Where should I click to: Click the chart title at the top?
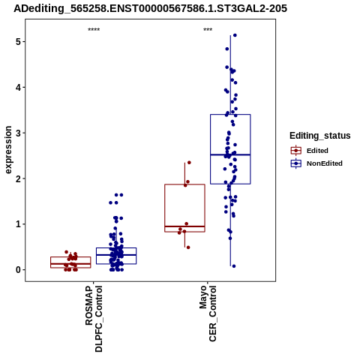click(x=150, y=9)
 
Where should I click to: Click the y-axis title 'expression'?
click(x=8, y=150)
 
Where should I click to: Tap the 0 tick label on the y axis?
click(x=18, y=270)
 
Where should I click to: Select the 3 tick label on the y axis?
click(x=18, y=133)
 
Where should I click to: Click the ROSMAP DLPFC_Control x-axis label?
click(x=94, y=319)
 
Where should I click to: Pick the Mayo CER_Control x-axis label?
click(x=208, y=313)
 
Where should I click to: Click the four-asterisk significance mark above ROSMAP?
click(x=94, y=30)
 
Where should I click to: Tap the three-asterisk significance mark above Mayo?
click(x=208, y=30)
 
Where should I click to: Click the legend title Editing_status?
click(x=320, y=136)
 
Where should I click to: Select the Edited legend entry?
click(x=309, y=151)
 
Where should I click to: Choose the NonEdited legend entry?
click(x=316, y=163)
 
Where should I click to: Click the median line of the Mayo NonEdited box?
click(x=230, y=154)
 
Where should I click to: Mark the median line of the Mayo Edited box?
click(x=184, y=226)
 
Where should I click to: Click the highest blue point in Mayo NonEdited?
click(x=235, y=35)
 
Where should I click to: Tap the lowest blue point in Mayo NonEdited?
click(x=234, y=266)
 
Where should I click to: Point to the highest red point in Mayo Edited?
click(x=189, y=163)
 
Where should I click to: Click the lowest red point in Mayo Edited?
click(x=188, y=247)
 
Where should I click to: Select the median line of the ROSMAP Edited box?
click(x=70, y=264)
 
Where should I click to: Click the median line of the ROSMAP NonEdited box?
click(x=116, y=255)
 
